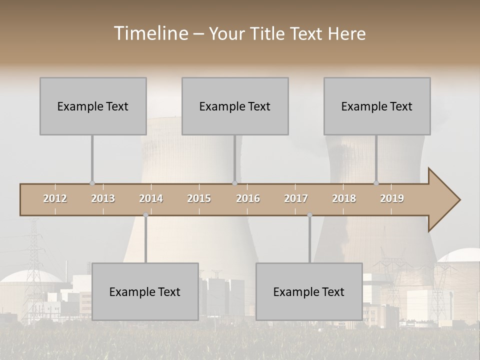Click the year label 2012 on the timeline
tap(55, 198)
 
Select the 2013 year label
tap(103, 198)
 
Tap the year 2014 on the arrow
tap(151, 198)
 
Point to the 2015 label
tap(199, 198)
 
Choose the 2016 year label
tap(248, 198)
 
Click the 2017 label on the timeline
tap(296, 198)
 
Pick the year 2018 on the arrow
tap(344, 198)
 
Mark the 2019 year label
tap(392, 198)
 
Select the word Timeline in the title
tap(150, 33)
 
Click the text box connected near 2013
tap(93, 106)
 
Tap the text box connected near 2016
tap(235, 106)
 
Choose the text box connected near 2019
tap(377, 106)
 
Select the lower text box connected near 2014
tap(145, 291)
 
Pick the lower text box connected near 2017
tap(309, 291)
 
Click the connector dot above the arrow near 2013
tap(92, 183)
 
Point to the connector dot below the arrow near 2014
tap(145, 215)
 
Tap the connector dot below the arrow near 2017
tap(309, 215)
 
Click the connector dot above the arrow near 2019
tap(376, 183)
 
